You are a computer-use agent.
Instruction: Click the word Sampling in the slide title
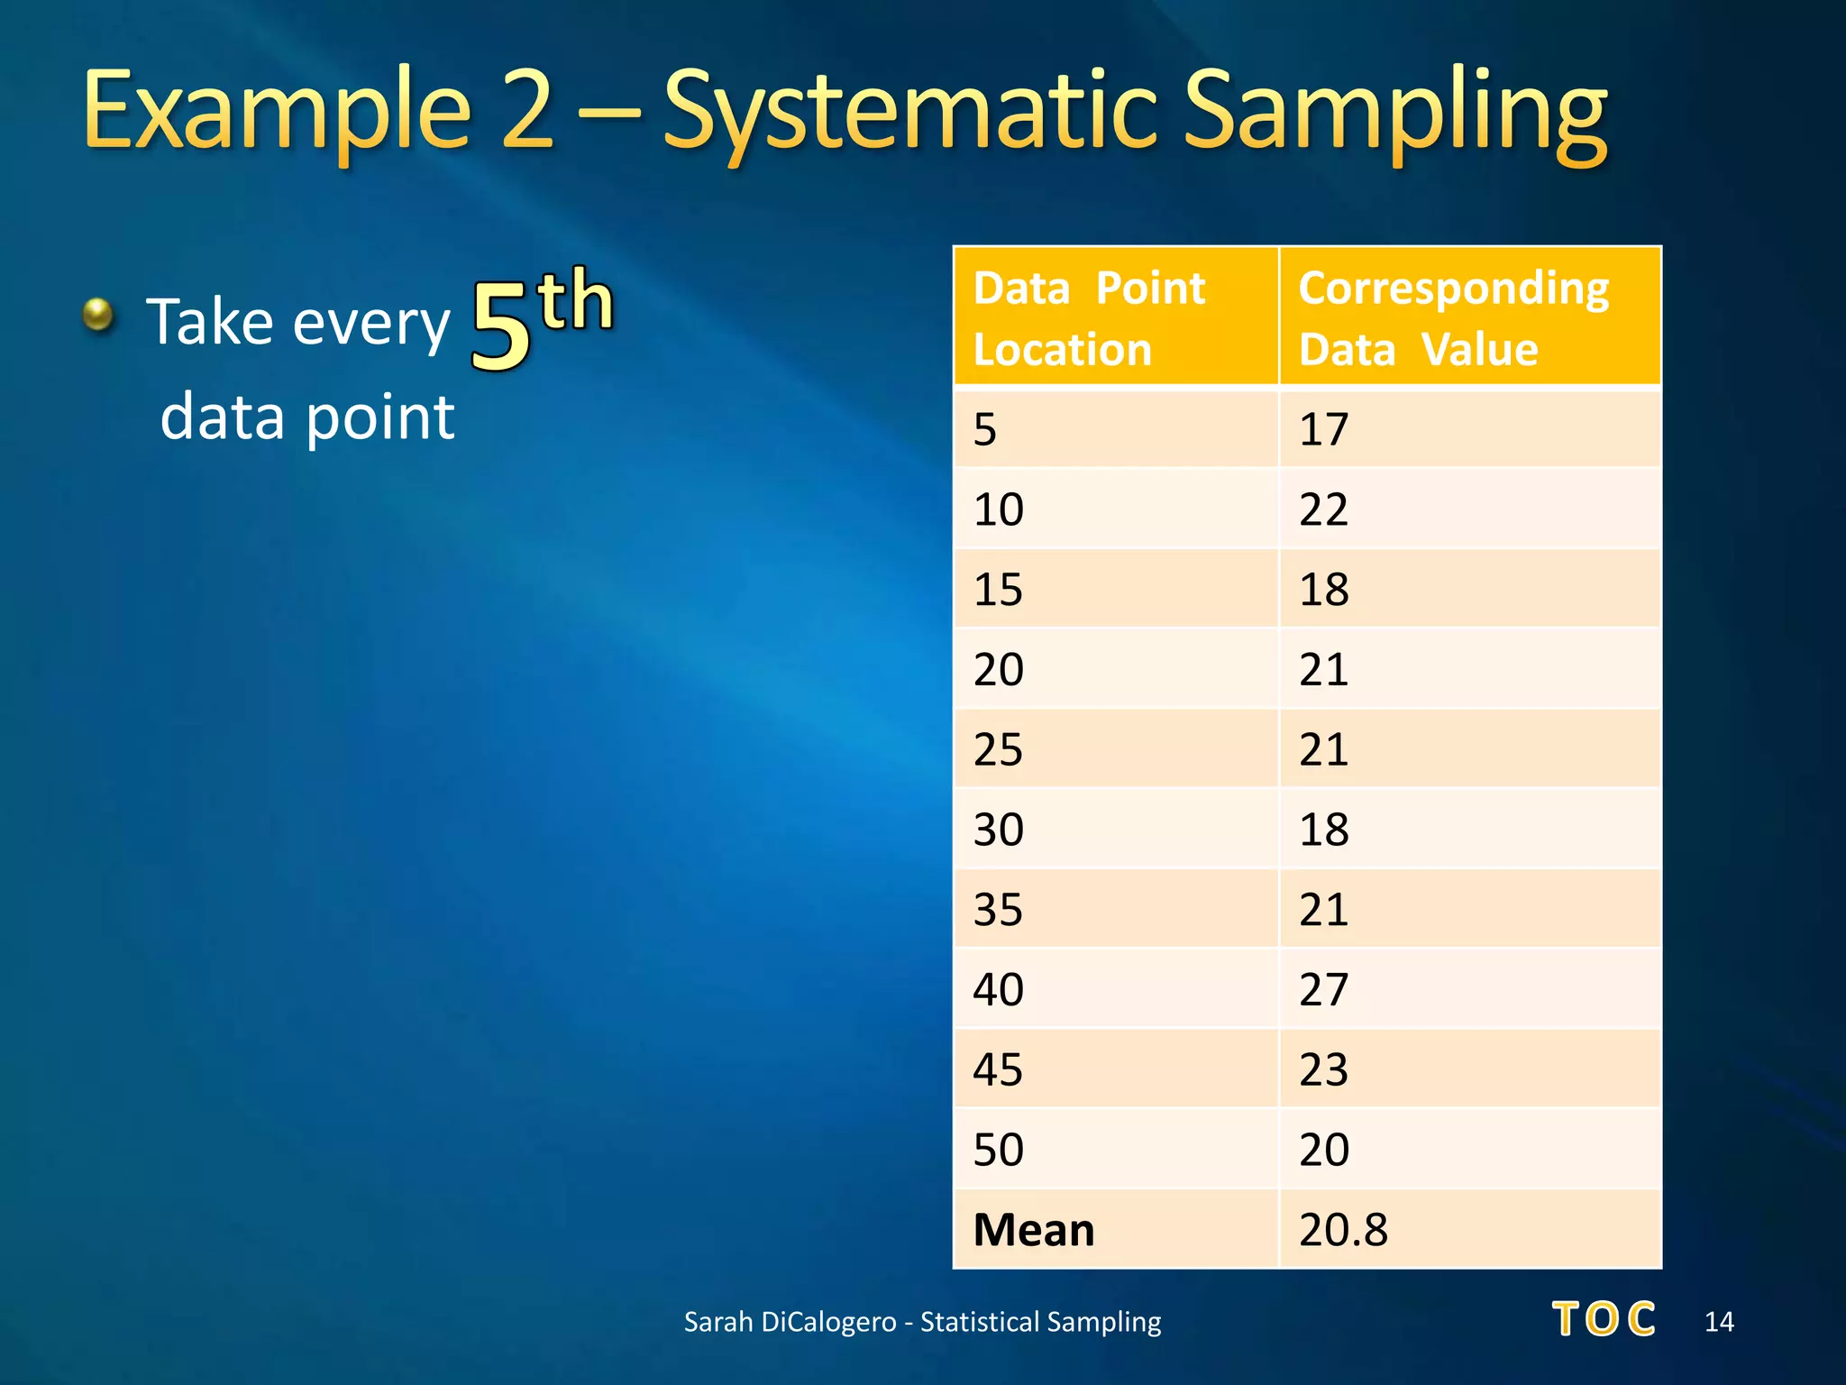pos(1393,113)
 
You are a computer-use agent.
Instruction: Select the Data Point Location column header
pos(1115,317)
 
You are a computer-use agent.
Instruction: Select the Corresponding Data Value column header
pos(1469,317)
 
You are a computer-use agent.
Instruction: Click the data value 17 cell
pos(1469,429)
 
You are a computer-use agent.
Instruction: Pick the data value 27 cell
pos(1469,989)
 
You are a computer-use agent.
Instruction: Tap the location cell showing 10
pos(1115,509)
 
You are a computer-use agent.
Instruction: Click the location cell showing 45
pos(1115,1069)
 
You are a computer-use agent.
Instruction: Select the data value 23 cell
pos(1469,1069)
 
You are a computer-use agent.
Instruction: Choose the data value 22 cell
pos(1469,509)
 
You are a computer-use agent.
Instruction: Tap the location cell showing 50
pos(1115,1150)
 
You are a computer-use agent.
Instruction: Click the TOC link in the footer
pos(1604,1319)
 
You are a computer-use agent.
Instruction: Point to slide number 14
pos(1719,1322)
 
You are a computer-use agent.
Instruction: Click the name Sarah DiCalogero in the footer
pos(790,1322)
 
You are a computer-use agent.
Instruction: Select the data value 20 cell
pos(1469,1150)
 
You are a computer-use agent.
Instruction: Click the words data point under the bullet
pos(306,417)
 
